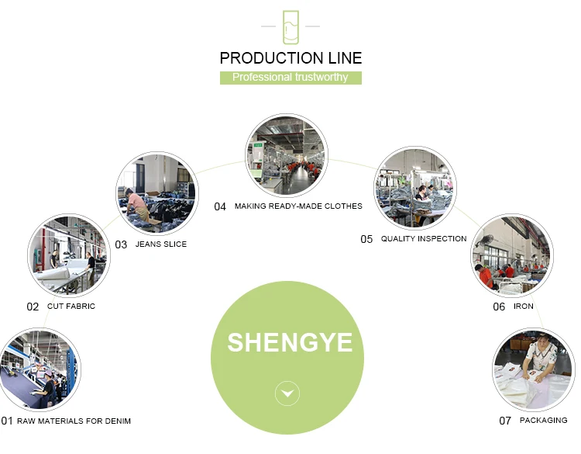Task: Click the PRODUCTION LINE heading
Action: [290, 58]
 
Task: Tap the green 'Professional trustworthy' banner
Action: [290, 78]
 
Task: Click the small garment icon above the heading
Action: [290, 27]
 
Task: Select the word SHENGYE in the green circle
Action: [290, 342]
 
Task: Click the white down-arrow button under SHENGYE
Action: [288, 394]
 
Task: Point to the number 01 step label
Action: [7, 421]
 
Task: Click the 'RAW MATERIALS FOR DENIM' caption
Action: [74, 421]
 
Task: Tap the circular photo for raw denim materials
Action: [39, 369]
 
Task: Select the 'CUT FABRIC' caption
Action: [71, 307]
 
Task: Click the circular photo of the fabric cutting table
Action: [68, 255]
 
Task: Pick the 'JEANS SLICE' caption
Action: [161, 244]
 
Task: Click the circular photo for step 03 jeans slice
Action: [156, 194]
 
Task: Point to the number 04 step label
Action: [220, 206]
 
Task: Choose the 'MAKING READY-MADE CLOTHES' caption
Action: [298, 206]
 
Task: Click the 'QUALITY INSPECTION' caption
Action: [424, 239]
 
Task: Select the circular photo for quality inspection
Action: [416, 188]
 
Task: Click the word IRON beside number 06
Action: [524, 307]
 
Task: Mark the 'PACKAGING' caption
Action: [543, 421]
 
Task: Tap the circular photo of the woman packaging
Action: [533, 370]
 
